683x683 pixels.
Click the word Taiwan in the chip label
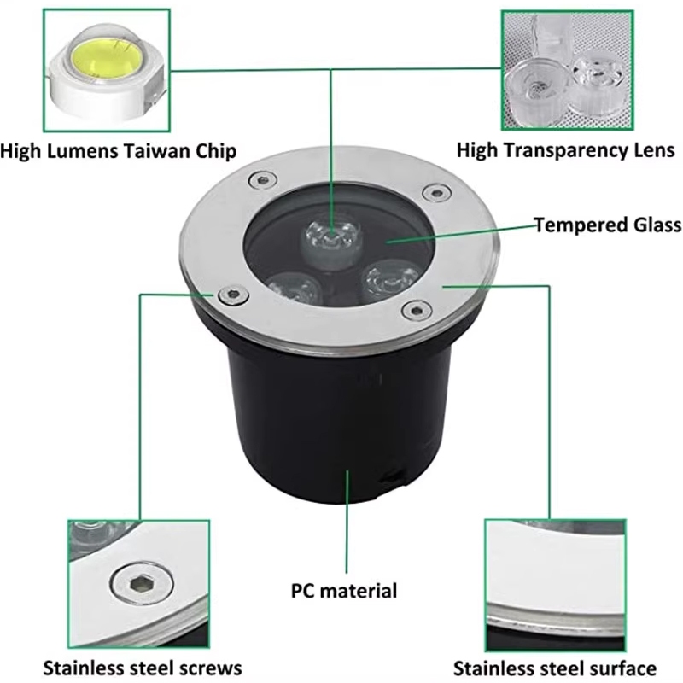[x=156, y=151]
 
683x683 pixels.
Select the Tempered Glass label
[x=608, y=225]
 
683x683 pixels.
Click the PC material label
[x=344, y=591]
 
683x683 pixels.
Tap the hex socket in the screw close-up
[x=141, y=584]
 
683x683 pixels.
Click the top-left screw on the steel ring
[x=263, y=180]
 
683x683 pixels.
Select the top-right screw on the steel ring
[x=437, y=192]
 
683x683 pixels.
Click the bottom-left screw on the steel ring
[x=234, y=295]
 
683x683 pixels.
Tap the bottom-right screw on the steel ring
[x=417, y=310]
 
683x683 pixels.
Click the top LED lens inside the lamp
[x=332, y=241]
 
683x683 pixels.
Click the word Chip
[x=216, y=152]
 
